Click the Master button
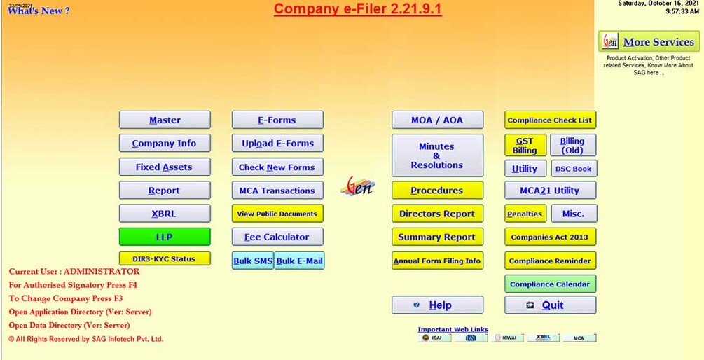165,120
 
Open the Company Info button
165,144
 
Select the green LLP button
165,237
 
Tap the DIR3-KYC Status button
165,258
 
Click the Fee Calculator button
277,237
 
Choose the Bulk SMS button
253,261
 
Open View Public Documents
277,214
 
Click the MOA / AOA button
437,120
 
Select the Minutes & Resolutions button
437,155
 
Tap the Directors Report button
437,214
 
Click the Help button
437,305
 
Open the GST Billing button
525,146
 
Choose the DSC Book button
573,169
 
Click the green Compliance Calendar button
550,284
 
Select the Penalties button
525,214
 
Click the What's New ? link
39,11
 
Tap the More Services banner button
649,42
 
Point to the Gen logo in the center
358,186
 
